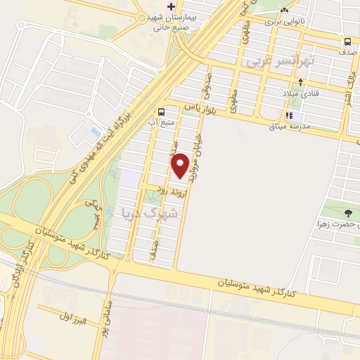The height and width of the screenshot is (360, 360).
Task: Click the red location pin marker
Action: (180, 165)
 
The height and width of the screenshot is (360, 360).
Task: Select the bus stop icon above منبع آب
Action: (162, 112)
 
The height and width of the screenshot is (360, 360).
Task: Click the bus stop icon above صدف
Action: (348, 41)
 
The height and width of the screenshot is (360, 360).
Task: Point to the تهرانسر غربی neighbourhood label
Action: (281, 62)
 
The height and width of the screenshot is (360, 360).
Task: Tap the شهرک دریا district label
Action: (161, 211)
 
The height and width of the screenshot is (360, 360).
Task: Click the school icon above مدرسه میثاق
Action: (288, 115)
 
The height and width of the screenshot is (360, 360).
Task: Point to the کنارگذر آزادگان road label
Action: (19, 271)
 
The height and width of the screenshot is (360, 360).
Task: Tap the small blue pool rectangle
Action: (96, 131)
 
